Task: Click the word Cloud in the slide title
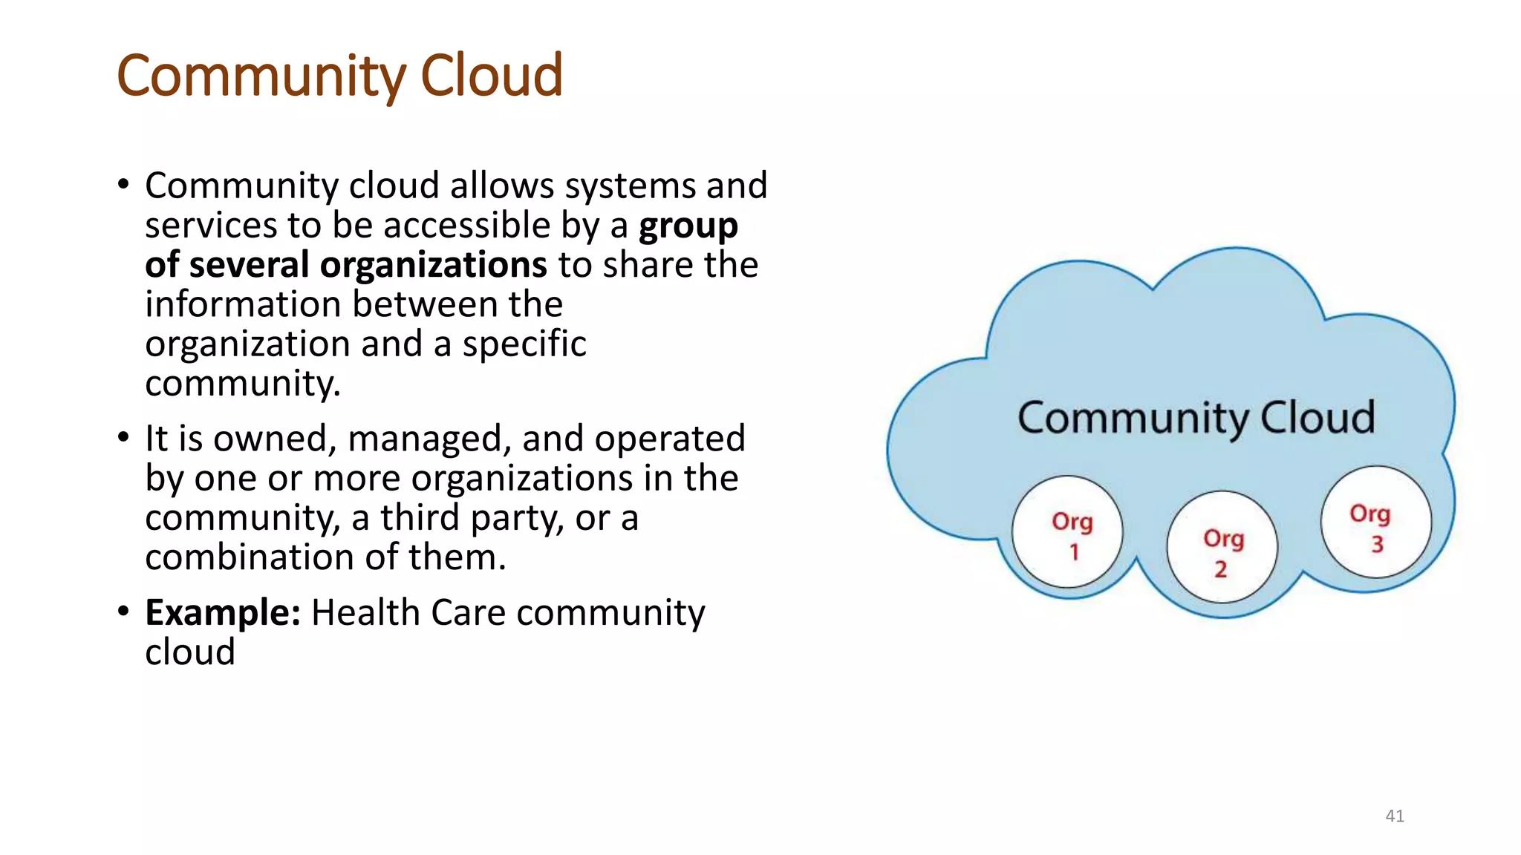tap(492, 76)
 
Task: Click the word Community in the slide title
tap(261, 76)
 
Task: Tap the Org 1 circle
tap(1068, 532)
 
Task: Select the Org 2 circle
tap(1222, 547)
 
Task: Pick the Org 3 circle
tap(1375, 522)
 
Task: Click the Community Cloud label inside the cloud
tap(1196, 417)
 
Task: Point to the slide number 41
tap(1395, 816)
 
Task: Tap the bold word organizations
tap(434, 265)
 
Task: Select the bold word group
tap(688, 226)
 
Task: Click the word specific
tap(524, 344)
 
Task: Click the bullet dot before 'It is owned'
tap(123, 437)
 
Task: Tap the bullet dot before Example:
tap(123, 612)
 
